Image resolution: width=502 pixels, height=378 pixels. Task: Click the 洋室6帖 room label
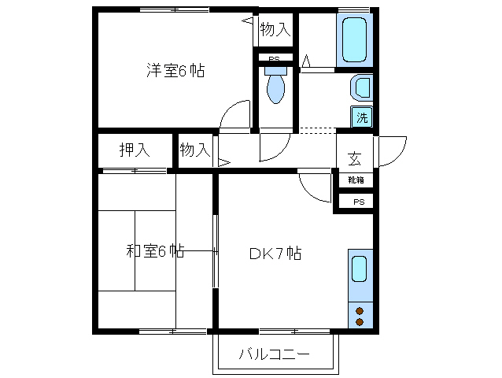[x=175, y=71]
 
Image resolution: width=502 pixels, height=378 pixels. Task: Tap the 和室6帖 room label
[x=155, y=252]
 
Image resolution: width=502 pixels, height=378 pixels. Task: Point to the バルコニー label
[x=275, y=354]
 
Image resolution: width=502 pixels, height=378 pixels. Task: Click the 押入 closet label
[x=133, y=149]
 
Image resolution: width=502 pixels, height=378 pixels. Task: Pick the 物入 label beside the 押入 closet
[x=194, y=149]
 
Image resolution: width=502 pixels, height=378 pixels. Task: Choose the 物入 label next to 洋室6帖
[x=275, y=30]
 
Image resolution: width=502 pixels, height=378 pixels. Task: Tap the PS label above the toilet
[x=274, y=59]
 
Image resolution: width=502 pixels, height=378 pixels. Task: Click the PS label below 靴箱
[x=358, y=202]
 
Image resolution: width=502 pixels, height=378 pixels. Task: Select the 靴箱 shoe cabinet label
[x=355, y=180]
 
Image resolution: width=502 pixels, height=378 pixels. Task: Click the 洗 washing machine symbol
[x=361, y=118]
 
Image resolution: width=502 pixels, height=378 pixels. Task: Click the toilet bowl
[x=275, y=87]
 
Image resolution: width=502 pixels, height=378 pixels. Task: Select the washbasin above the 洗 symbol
[x=360, y=87]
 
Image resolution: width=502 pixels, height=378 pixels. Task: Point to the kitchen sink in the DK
[x=359, y=269]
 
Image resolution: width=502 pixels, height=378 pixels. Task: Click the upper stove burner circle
[x=360, y=309]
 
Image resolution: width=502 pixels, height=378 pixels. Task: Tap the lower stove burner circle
[x=360, y=321]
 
